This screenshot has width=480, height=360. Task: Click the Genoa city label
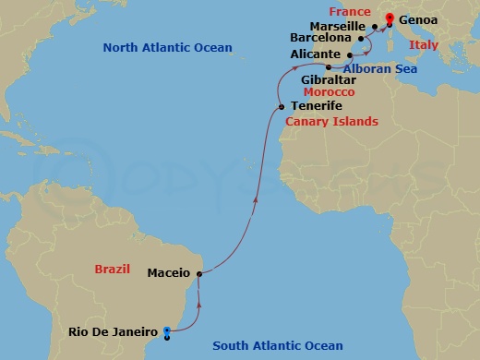coord(419,18)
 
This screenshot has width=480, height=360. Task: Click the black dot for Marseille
coord(374,27)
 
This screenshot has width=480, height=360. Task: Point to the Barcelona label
coord(320,40)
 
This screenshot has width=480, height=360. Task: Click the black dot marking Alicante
coord(350,55)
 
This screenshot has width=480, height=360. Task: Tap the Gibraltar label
coord(328,80)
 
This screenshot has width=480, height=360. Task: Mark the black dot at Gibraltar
coord(327,67)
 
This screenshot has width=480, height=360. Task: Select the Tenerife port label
coord(318,106)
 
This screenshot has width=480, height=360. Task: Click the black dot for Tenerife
coord(282,107)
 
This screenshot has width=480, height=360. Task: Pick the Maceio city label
coord(169,273)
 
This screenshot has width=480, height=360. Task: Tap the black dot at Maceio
coord(199,272)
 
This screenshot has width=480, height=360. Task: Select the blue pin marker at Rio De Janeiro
coord(166,332)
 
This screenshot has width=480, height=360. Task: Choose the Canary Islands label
coord(331,122)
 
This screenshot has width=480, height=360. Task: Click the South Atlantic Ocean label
coord(278,346)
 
